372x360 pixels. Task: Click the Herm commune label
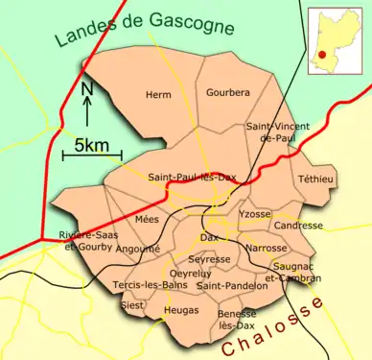point(158,95)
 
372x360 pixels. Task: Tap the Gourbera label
point(227,93)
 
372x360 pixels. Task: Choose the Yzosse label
point(256,213)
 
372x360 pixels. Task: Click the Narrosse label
point(267,248)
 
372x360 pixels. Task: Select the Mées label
point(147,220)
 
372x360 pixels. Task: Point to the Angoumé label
point(138,248)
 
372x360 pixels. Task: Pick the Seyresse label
point(209,259)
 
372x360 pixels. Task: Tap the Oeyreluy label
point(189,274)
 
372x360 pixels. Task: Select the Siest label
point(132,305)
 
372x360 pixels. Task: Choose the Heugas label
point(181,310)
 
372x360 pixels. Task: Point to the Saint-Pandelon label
point(232,285)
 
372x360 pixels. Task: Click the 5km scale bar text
point(92,147)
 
